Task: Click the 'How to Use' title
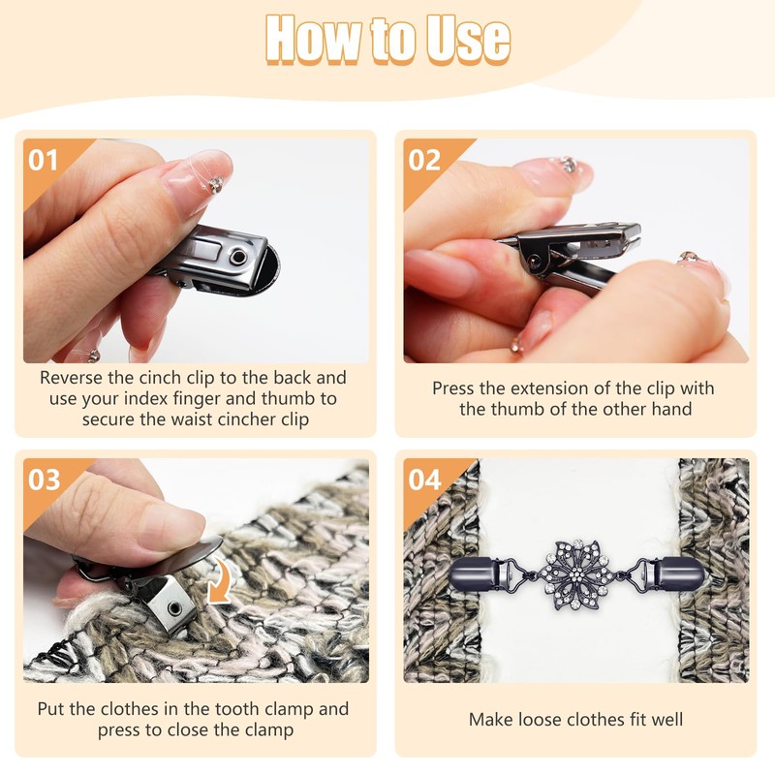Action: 387,40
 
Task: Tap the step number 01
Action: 43,160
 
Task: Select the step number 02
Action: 424,160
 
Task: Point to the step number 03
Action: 44,480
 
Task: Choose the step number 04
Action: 424,480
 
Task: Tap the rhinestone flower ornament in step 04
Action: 575,574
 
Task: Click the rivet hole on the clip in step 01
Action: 238,257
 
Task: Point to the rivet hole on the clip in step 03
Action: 174,607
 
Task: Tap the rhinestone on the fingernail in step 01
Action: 215,185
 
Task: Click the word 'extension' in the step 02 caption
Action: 549,388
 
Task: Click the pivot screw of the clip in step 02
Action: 535,262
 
